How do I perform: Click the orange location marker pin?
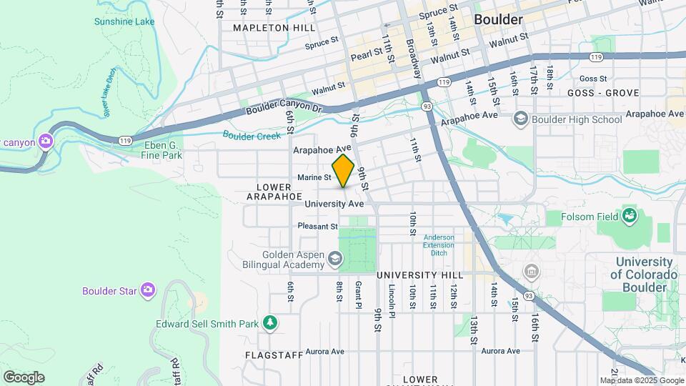coord(344,170)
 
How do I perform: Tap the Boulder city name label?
coord(498,19)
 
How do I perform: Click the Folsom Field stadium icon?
coord(630,215)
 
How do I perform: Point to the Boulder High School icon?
coord(521,119)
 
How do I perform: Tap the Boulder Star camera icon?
coord(148,289)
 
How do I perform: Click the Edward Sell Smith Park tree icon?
coord(269,324)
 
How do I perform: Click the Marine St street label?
coord(314,177)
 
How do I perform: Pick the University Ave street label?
coord(334,204)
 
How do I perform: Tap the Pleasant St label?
coord(317,226)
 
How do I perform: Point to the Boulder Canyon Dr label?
coord(284,110)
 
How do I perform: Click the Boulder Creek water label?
coord(252,134)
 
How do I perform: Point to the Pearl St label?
coord(365,56)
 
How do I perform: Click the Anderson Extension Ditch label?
coord(438,245)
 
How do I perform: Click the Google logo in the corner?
coord(24,377)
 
